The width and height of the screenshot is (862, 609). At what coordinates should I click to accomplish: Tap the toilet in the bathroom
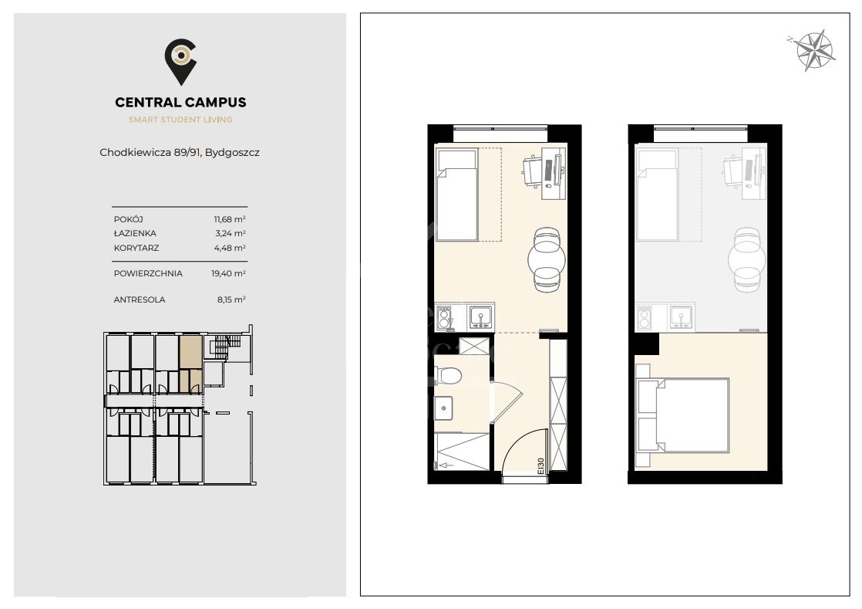[x=447, y=376]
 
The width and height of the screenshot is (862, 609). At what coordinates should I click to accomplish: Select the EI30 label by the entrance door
[x=540, y=466]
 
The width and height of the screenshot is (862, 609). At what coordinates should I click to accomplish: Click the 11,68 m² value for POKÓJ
[x=230, y=219]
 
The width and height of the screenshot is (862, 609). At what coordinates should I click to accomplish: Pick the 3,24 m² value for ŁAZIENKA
[x=231, y=233]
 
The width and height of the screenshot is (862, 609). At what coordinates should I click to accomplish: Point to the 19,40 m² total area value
[x=229, y=273]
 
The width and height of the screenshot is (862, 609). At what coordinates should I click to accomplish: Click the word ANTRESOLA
[x=140, y=299]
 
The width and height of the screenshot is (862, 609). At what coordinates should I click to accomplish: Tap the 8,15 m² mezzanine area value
[x=231, y=299]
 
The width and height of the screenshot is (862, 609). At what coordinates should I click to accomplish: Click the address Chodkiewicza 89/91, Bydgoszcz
[x=179, y=152]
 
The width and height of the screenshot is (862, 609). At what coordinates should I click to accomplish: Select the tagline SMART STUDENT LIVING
[x=180, y=120]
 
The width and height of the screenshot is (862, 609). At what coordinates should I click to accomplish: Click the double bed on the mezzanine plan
[x=682, y=415]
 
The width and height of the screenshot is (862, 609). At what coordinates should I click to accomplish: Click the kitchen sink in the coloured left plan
[x=481, y=317]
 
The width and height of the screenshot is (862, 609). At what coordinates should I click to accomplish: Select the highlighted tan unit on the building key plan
[x=190, y=363]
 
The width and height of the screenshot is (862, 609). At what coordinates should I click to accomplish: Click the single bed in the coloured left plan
[x=456, y=195]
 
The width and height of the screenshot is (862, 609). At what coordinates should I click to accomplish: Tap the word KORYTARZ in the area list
[x=136, y=248]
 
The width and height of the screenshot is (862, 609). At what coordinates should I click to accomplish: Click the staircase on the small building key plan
[x=223, y=347]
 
